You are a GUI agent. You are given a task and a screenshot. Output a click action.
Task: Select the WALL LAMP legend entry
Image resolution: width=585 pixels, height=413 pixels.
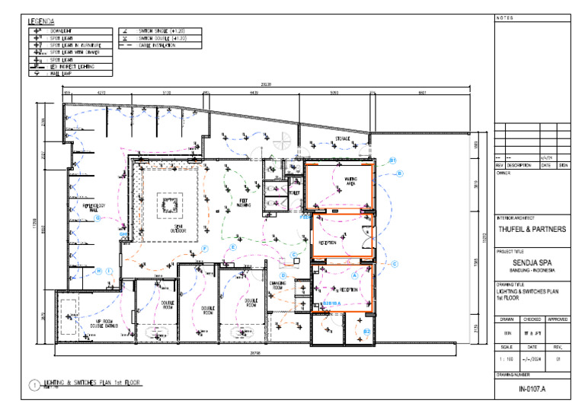point(60,74)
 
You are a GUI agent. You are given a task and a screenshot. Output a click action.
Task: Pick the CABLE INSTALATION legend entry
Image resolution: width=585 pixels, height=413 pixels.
point(157,45)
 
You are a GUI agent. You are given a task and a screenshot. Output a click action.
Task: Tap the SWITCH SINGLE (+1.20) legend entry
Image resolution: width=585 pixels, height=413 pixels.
point(161,30)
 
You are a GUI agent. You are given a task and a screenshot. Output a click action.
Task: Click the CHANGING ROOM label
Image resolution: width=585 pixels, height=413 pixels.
point(277,286)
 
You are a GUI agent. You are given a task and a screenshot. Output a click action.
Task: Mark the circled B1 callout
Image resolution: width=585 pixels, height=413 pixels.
point(393,160)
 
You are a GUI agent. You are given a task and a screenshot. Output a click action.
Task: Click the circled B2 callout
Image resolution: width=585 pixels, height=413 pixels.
point(367,332)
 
